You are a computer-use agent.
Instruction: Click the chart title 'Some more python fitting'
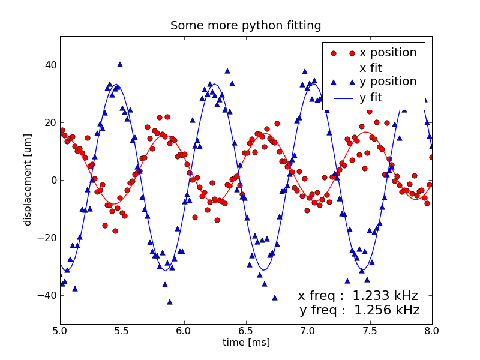[245, 26]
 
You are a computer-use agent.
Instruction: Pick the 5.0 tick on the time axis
[60, 330]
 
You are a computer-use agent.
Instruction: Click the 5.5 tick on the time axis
[122, 330]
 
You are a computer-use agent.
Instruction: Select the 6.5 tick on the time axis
[246, 330]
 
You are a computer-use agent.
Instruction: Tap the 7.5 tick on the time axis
[370, 330]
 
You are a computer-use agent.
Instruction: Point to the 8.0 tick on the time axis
[431, 330]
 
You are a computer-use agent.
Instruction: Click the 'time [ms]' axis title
[246, 343]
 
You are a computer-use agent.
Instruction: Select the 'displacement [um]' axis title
[28, 180]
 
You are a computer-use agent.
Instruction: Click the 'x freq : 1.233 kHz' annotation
[358, 296]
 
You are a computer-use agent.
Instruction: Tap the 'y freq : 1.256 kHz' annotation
[359, 310]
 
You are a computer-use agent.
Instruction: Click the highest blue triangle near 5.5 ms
[120, 64]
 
